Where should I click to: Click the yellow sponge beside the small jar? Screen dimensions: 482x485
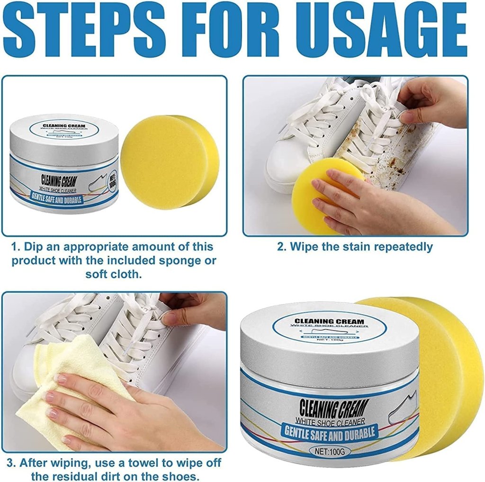168,161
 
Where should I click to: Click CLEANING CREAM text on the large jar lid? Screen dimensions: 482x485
329,321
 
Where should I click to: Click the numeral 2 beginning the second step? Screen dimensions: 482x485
280,247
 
